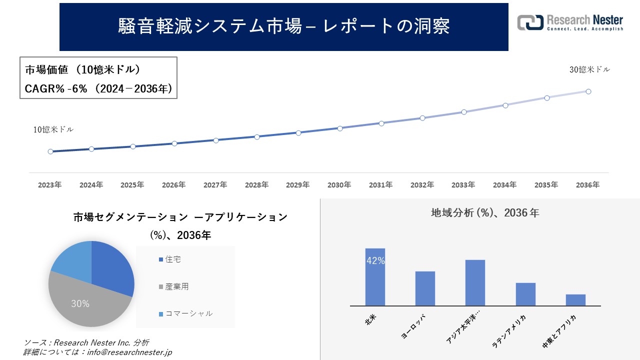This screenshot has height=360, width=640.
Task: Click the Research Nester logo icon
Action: pos(530,22)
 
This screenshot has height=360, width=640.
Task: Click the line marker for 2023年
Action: pos(50,151)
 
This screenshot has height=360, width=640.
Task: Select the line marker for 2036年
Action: pos(588,91)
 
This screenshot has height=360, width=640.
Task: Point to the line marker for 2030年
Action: pos(340,128)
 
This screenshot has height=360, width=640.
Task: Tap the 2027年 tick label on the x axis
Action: pos(215,185)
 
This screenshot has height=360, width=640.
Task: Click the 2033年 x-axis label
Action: pos(463,185)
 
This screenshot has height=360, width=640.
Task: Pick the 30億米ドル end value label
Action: pos(589,70)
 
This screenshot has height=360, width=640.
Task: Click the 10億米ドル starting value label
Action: pos(53,129)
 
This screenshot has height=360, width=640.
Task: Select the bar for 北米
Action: pos(375,277)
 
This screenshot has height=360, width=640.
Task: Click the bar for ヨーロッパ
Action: pos(425,288)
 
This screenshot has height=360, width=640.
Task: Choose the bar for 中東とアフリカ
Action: pos(575,300)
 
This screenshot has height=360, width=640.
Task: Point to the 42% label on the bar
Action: pos(375,261)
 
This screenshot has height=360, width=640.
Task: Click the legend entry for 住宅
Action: pos(173,259)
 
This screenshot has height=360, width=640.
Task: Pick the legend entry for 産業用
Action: pos(176,286)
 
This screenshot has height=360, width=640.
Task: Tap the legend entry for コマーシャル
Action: pos(188,313)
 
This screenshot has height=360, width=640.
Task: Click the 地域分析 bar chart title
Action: pos(484,213)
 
